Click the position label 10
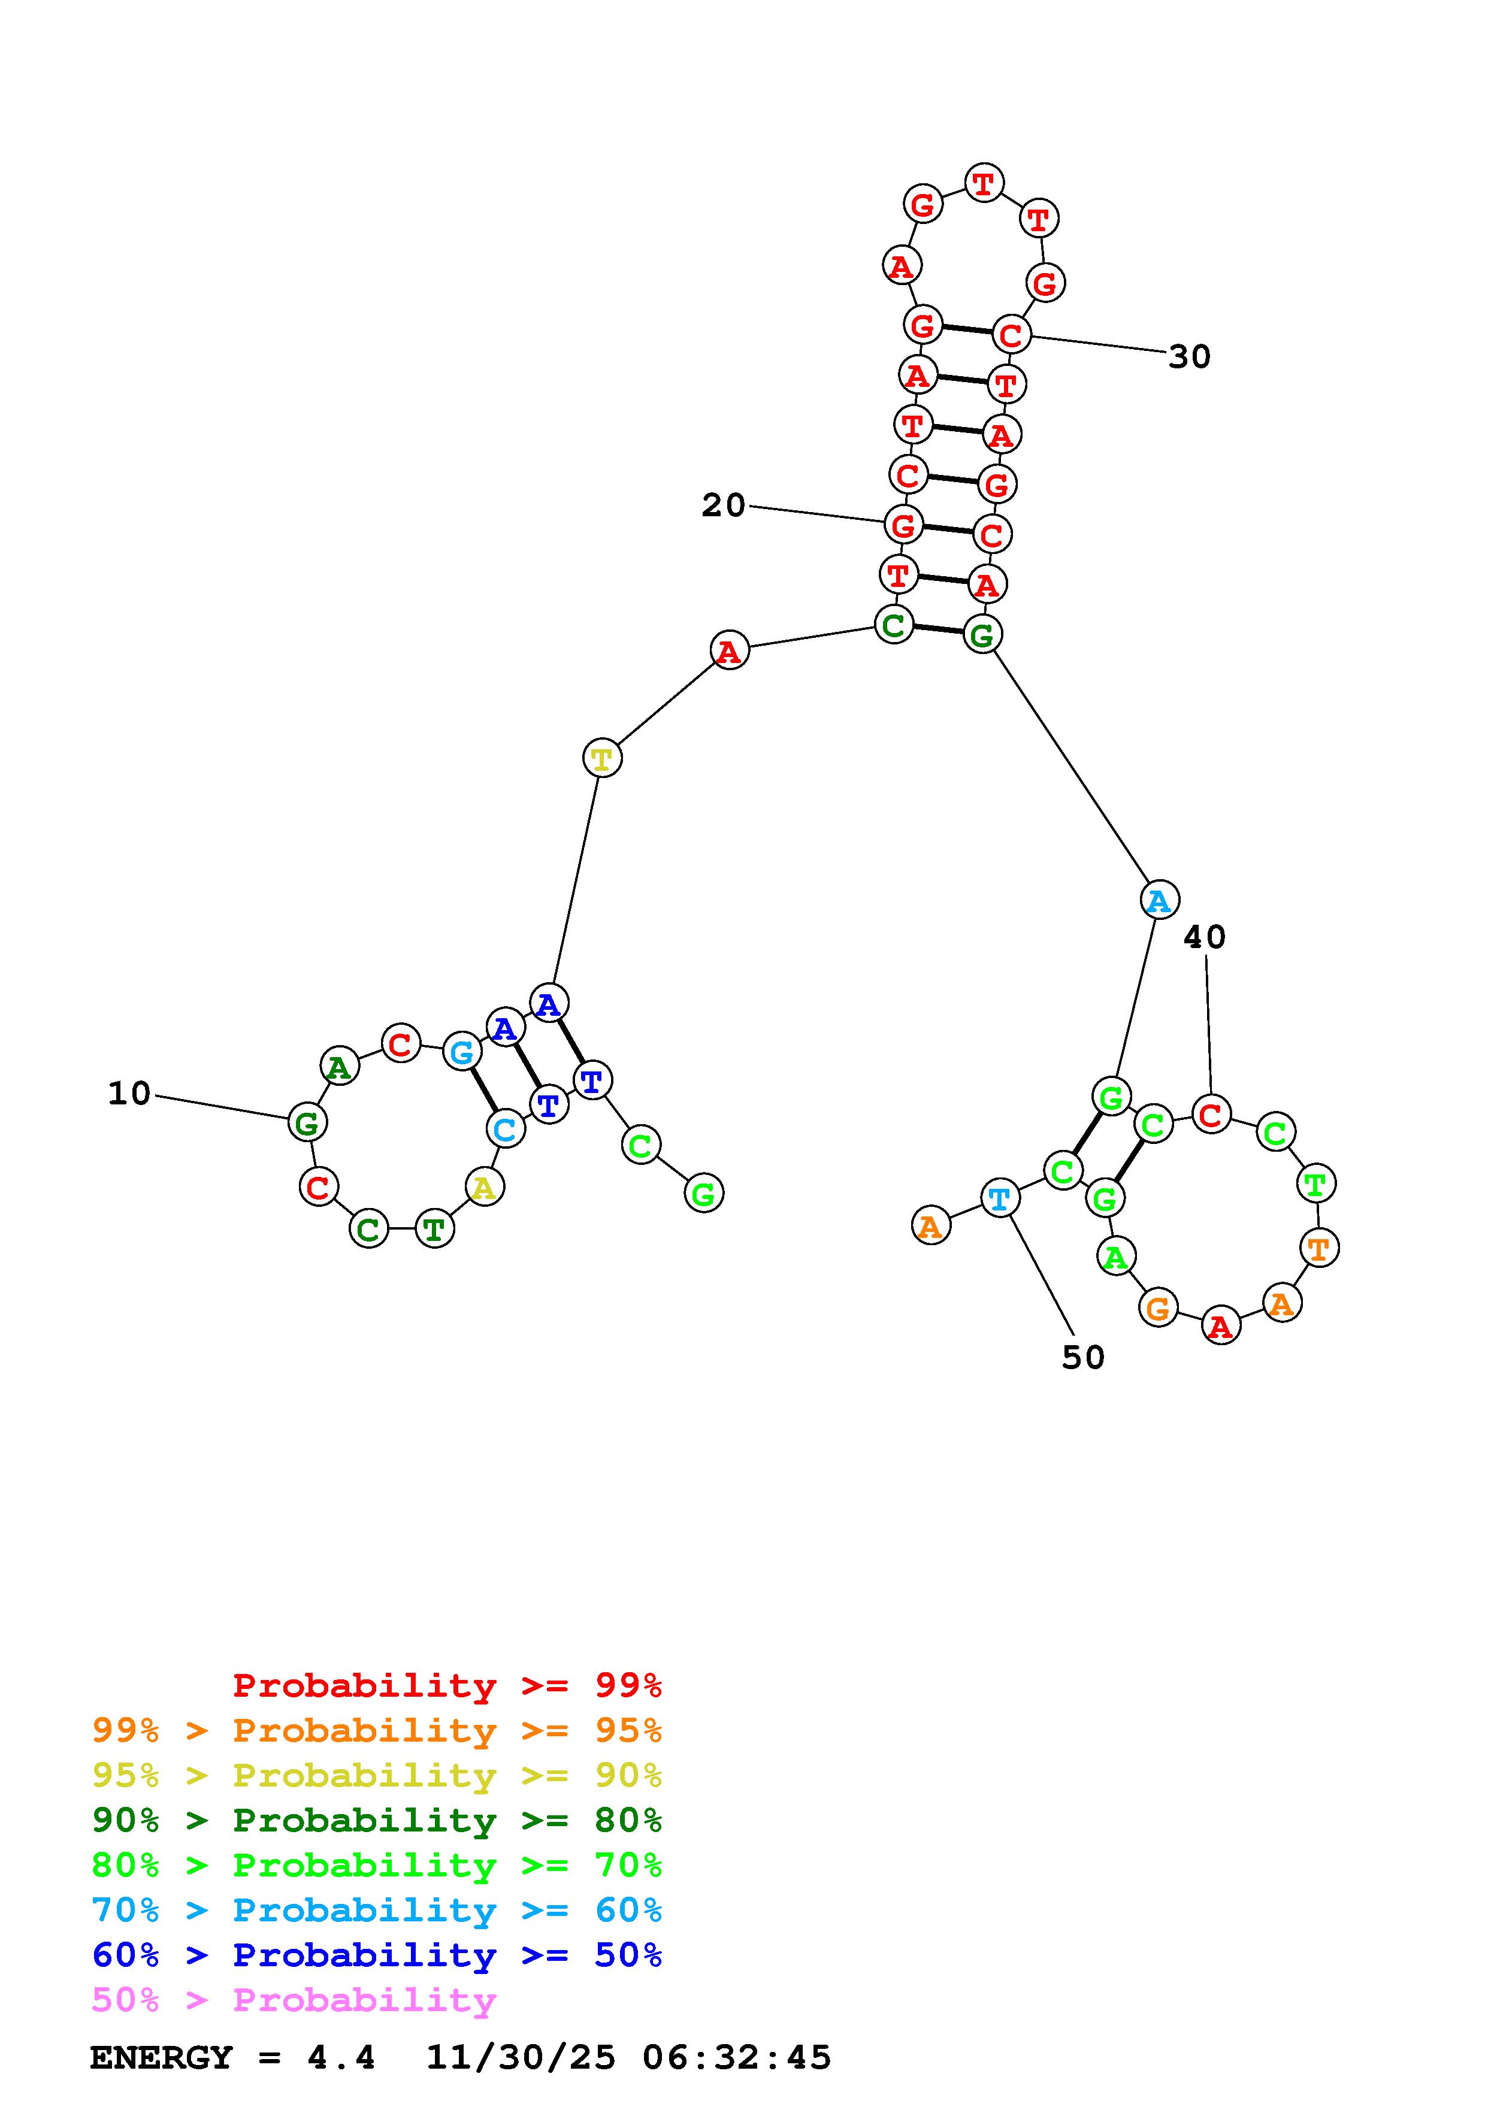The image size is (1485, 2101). click(x=129, y=1094)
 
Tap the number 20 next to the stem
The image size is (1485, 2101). click(x=723, y=505)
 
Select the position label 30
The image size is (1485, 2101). click(x=1190, y=357)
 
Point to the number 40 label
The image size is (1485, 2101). click(x=1204, y=937)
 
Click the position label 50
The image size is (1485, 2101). click(x=1083, y=1358)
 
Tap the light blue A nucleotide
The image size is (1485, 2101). click(x=1159, y=900)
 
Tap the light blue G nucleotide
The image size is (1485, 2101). click(x=462, y=1052)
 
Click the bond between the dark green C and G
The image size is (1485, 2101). click(x=938, y=629)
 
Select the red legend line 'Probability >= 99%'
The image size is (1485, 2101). click(x=447, y=1685)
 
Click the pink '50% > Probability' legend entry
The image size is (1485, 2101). click(x=294, y=1999)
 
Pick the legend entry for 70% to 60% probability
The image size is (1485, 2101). click(x=377, y=1910)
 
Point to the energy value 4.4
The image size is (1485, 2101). click(x=341, y=2057)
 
